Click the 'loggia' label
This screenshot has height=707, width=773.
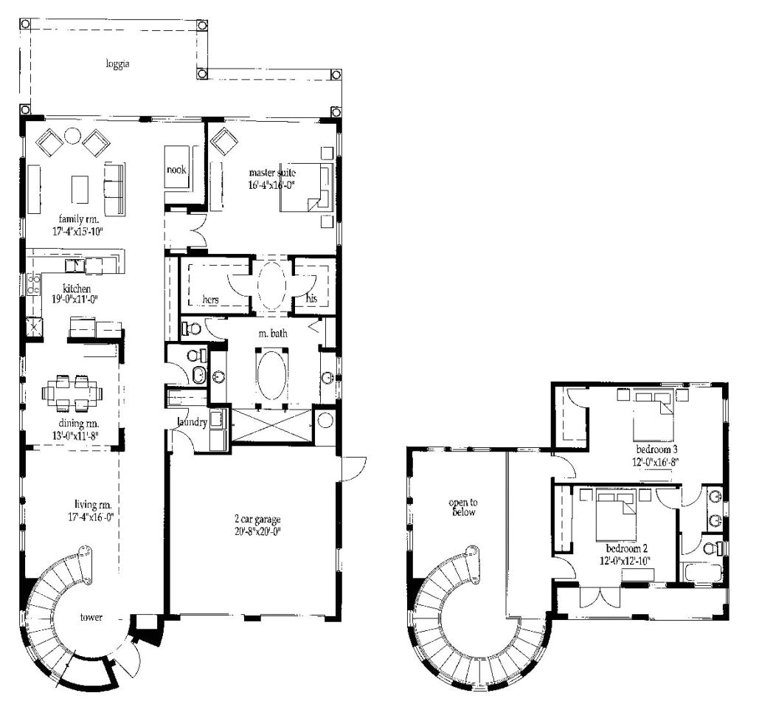(117, 64)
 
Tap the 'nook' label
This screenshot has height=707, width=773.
(176, 170)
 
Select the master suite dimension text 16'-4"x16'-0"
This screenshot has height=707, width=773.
(272, 185)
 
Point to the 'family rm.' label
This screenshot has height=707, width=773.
(79, 219)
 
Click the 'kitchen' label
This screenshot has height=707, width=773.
(77, 289)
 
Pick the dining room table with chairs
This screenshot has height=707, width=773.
(72, 393)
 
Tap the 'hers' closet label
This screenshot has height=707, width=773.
(210, 300)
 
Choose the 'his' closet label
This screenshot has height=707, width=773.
(311, 298)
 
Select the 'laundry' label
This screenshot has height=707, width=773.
(192, 422)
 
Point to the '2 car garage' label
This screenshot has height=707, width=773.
(257, 519)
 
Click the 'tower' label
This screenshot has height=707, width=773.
(91, 617)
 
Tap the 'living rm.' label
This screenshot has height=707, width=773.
(93, 505)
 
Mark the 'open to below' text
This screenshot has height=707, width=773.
(463, 507)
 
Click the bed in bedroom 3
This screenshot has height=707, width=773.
(653, 415)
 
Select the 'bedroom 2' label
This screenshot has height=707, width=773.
(626, 548)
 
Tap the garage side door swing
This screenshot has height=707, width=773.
(355, 468)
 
